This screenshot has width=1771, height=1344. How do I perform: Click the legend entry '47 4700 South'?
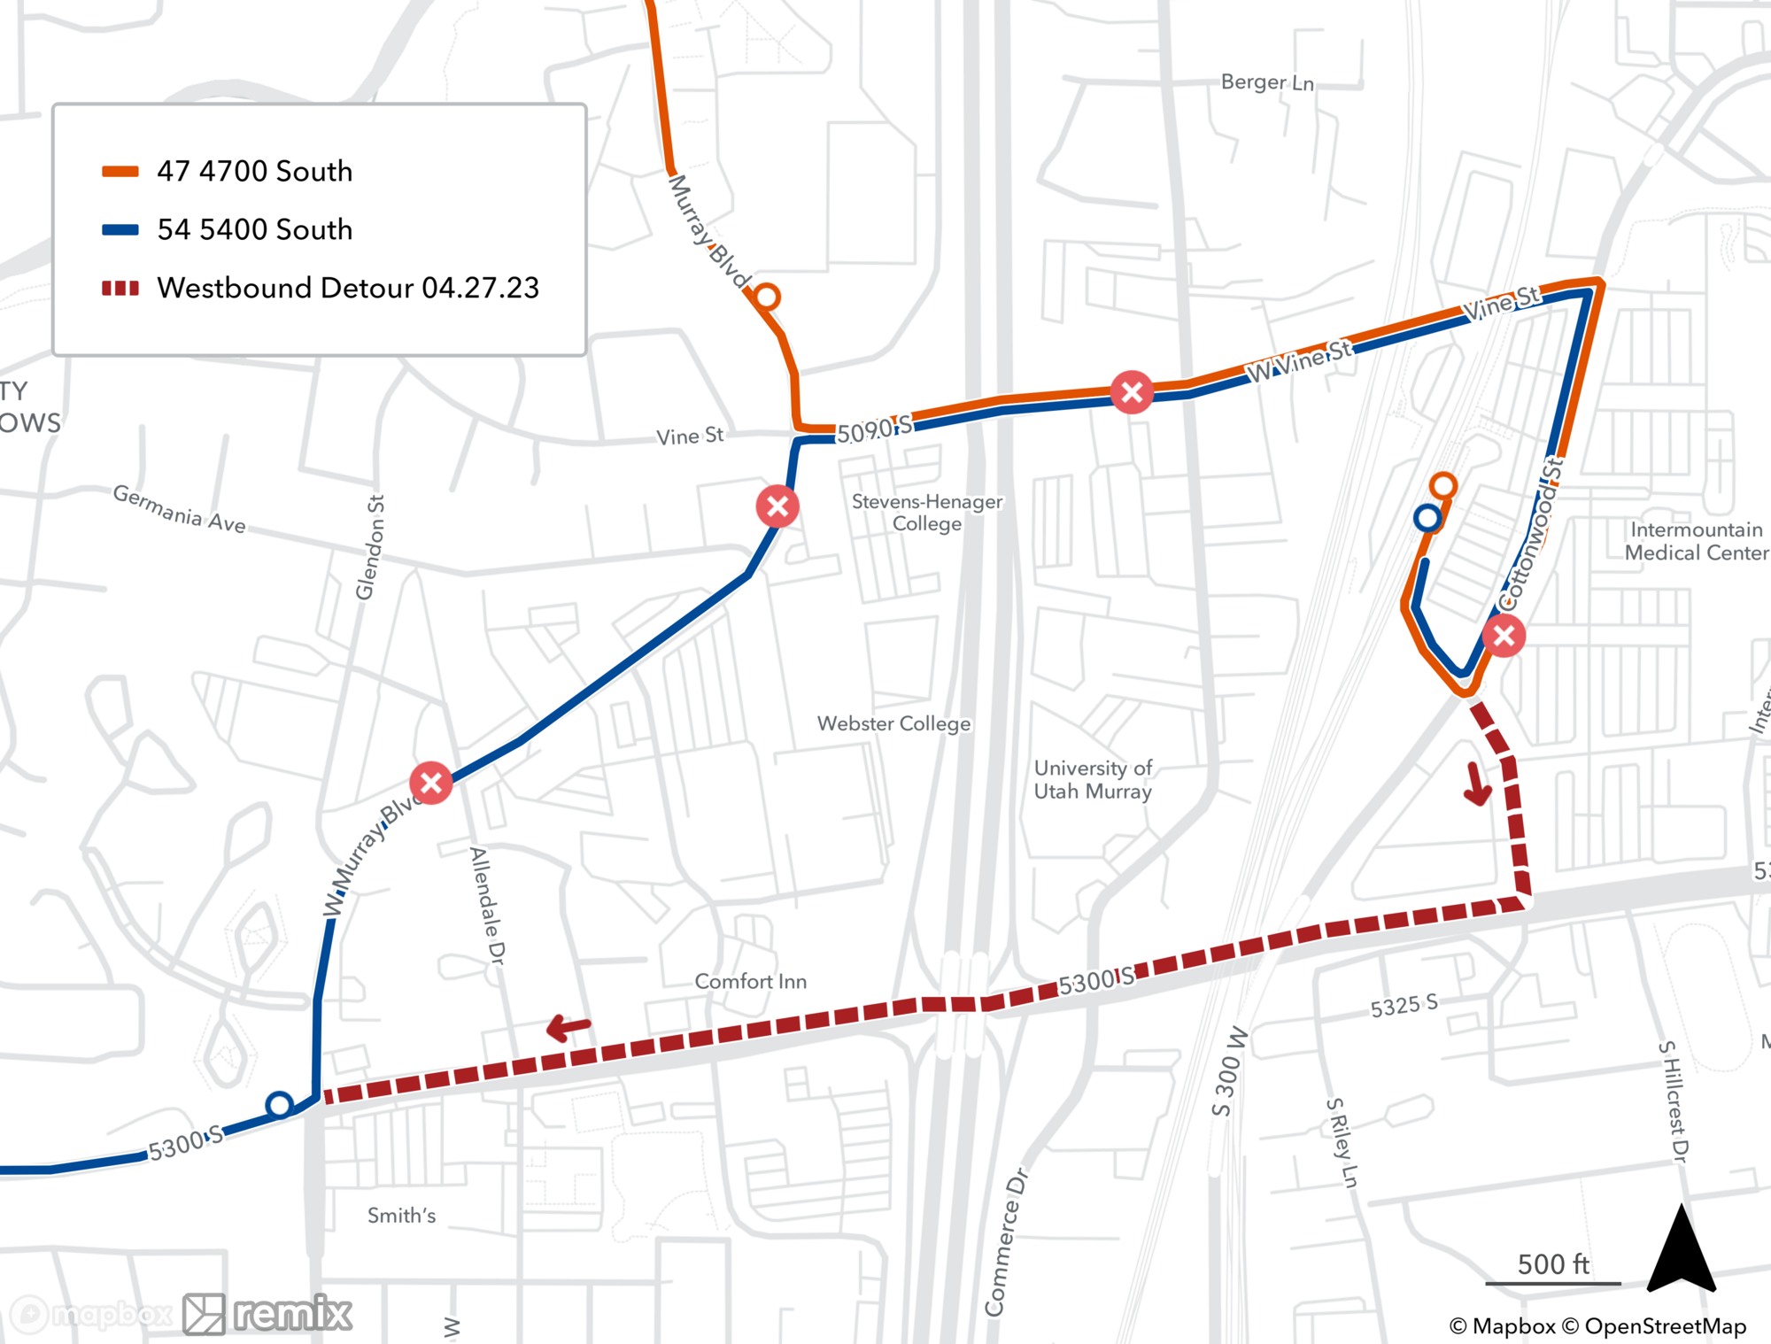(x=254, y=171)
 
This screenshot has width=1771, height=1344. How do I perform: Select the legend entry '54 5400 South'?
(x=254, y=229)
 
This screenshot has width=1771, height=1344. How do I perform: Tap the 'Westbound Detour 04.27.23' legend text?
(x=347, y=288)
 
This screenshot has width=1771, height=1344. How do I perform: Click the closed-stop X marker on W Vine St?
(x=1132, y=392)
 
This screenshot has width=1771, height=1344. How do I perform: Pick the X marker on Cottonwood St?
(x=1504, y=636)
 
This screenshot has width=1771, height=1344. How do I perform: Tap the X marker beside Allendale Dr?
(x=431, y=783)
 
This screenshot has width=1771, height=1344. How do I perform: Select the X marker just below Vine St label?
(x=777, y=506)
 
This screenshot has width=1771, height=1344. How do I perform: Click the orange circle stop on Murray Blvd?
(x=767, y=297)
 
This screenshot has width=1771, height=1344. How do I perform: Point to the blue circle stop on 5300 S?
(x=280, y=1105)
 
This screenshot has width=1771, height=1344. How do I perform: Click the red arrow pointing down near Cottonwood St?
(x=1477, y=784)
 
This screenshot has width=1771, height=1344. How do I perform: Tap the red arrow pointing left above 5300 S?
(x=568, y=1027)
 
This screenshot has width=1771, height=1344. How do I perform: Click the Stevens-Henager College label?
(x=927, y=513)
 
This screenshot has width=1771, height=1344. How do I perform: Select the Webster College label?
(x=893, y=723)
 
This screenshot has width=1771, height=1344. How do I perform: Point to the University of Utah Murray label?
(x=1093, y=780)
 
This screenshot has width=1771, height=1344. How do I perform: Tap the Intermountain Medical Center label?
(x=1696, y=541)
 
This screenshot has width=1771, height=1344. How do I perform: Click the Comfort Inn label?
(x=750, y=981)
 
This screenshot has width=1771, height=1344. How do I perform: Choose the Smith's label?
(x=402, y=1216)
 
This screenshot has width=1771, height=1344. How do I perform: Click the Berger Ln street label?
(x=1267, y=82)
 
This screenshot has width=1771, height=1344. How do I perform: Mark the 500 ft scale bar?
(x=1553, y=1281)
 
